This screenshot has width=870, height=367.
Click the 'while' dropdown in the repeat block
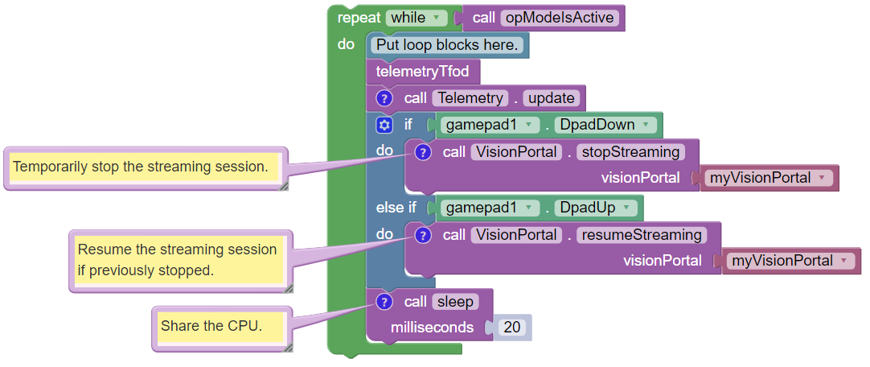tap(417, 18)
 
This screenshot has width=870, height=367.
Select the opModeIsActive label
tap(560, 18)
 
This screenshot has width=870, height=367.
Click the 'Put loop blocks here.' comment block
tap(447, 45)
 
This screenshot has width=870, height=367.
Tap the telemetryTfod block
tap(422, 72)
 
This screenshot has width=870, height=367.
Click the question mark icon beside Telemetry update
tap(384, 98)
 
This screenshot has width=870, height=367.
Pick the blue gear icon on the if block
tap(384, 125)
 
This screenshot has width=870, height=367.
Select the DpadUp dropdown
tap(597, 208)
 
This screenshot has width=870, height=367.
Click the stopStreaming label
tap(630, 151)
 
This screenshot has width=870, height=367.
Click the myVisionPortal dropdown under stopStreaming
tap(768, 178)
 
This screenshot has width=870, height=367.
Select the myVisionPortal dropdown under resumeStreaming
tap(790, 261)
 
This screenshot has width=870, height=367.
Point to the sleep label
tap(455, 302)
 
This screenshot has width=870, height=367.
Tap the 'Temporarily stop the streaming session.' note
tap(141, 167)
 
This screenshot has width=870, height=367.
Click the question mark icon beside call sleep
tap(384, 302)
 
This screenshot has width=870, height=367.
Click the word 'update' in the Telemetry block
tap(552, 98)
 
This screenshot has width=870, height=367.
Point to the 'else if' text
tap(396, 208)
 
